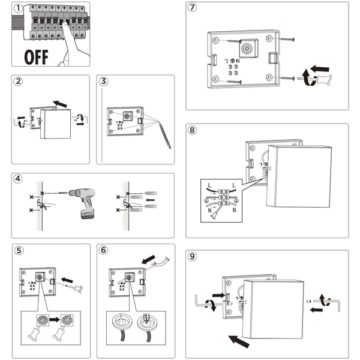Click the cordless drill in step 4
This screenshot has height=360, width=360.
83,201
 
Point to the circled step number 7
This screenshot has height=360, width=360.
192,8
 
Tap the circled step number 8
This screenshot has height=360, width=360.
192,130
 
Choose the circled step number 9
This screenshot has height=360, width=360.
192,256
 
